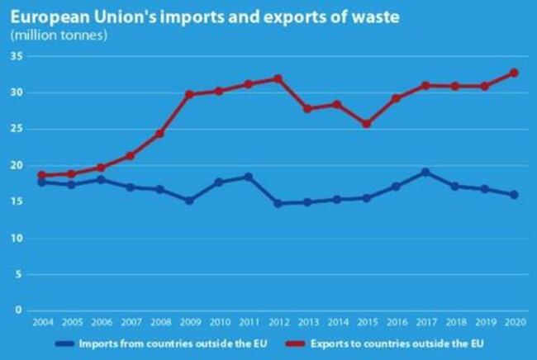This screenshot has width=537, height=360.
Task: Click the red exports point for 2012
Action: pos(278,79)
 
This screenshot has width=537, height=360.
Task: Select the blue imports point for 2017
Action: pos(425,173)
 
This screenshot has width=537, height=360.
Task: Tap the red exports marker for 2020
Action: pos(514,73)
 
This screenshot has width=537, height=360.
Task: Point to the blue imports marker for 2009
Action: pos(189,201)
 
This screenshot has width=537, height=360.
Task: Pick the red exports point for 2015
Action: pos(366,124)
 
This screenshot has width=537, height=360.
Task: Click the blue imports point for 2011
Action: pos(248,177)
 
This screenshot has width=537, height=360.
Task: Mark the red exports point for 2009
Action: pos(189,95)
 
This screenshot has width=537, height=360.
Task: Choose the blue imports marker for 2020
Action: pos(514,195)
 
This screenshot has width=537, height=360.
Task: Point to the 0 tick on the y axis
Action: pos(17,311)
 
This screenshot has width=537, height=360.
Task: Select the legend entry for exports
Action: pos(387,343)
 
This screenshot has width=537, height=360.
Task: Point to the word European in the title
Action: pos(43,16)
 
